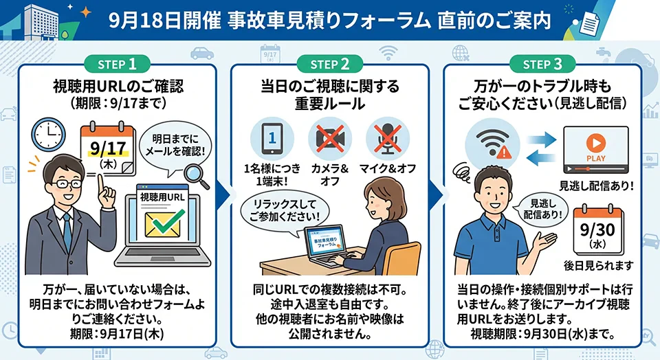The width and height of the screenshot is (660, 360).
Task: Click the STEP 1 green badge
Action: pyautogui.click(x=117, y=65)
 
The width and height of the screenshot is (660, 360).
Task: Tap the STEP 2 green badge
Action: pyautogui.click(x=329, y=65)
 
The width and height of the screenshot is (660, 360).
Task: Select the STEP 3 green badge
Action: pyautogui.click(x=542, y=65)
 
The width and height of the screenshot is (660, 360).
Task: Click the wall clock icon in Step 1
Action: pyautogui.click(x=49, y=134)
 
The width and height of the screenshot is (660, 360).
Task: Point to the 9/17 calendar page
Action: pyautogui.click(x=108, y=148)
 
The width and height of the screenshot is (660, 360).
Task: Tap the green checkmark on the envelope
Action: pyautogui.click(x=168, y=221)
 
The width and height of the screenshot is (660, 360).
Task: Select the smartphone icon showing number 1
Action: pyautogui.click(x=272, y=138)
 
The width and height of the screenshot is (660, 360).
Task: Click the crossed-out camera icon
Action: pyautogui.click(x=330, y=138)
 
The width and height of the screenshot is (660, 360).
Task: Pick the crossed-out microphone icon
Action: pyautogui.click(x=388, y=138)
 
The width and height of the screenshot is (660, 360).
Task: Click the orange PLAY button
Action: pyautogui.click(x=596, y=143)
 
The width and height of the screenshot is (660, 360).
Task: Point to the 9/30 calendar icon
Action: pyautogui.click(x=597, y=229)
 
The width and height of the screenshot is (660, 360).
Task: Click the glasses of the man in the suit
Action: pyautogui.click(x=66, y=184)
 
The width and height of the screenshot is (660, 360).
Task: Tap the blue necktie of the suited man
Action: pyautogui.click(x=67, y=232)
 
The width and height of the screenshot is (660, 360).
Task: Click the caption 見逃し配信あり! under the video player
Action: pyautogui.click(x=596, y=185)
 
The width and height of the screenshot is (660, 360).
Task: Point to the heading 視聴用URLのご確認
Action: pyautogui.click(x=118, y=86)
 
